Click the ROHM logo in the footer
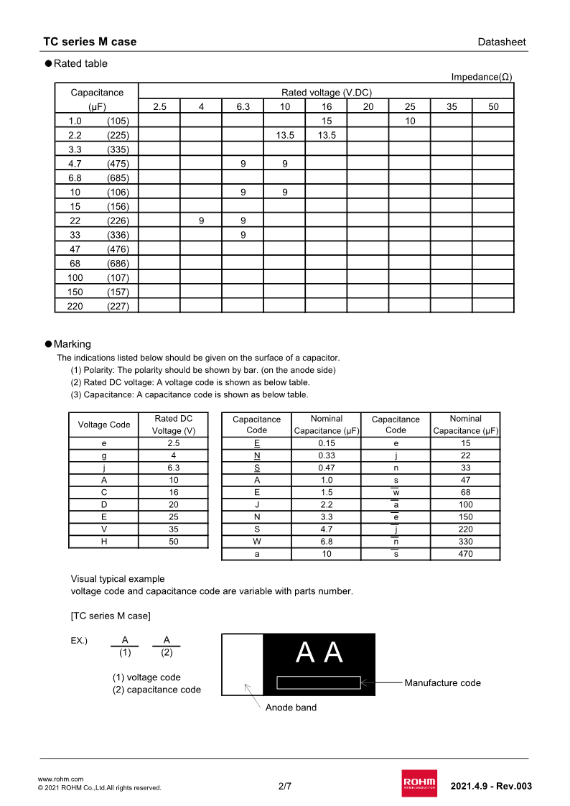tap(419, 783)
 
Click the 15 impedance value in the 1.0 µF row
tap(327, 121)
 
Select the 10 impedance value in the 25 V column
tap(410, 121)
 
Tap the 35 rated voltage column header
tap(452, 107)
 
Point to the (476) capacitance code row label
tap(118, 249)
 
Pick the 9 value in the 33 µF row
tap(243, 235)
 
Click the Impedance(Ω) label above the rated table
tap(481, 77)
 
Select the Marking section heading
tap(73, 344)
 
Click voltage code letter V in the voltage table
tap(104, 529)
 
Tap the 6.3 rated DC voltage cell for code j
tap(174, 468)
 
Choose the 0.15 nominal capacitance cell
tap(327, 443)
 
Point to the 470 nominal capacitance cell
tap(465, 554)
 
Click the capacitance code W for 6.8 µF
tap(257, 542)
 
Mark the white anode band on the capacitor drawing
tap(243, 664)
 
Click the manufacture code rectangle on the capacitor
tap(319, 682)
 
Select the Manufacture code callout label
tap(442, 682)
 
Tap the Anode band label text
tap(291, 708)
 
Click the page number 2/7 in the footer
tap(285, 786)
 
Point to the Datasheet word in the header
tap(502, 42)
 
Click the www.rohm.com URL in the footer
tap(60, 779)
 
